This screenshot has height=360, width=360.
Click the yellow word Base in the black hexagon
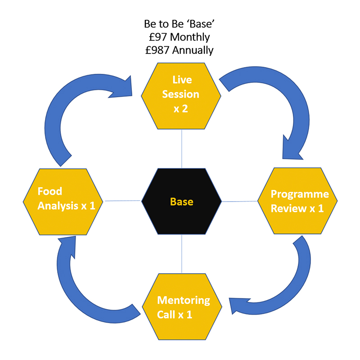181,201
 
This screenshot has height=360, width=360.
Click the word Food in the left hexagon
49,191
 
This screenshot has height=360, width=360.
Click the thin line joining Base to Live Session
181,148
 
